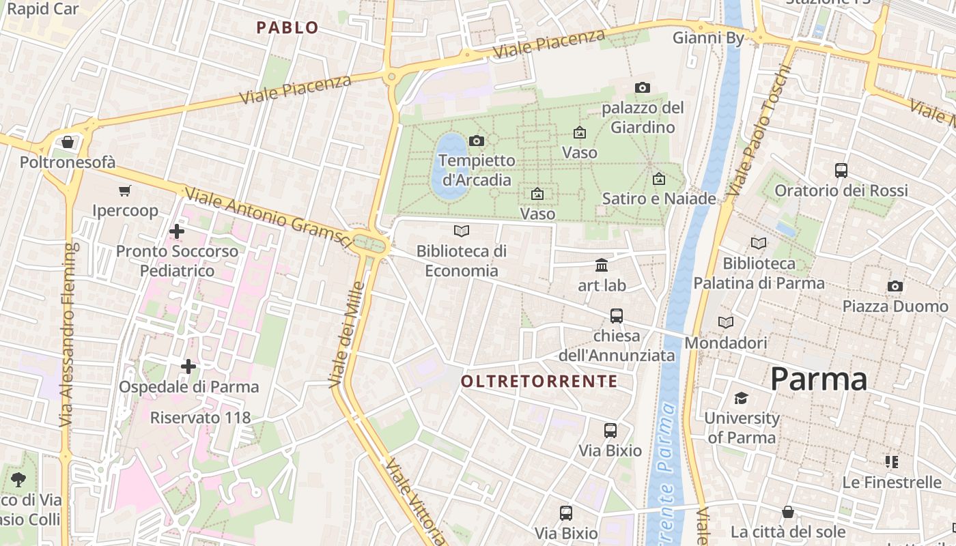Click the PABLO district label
287,27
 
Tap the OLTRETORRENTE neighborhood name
539,382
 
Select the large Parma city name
819,379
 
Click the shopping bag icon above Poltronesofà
67,142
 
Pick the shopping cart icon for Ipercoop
124,190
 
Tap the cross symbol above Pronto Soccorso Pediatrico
177,231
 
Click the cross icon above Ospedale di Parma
188,367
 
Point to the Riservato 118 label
200,417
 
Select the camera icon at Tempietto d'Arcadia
477,141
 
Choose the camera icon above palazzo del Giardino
642,87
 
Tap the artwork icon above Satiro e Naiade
659,179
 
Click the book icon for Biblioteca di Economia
462,231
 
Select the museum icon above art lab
602,265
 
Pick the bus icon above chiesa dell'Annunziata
617,315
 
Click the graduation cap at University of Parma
741,398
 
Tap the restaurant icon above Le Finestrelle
891,462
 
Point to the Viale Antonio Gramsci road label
268,218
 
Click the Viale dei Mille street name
347,334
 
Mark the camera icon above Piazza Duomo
895,286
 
